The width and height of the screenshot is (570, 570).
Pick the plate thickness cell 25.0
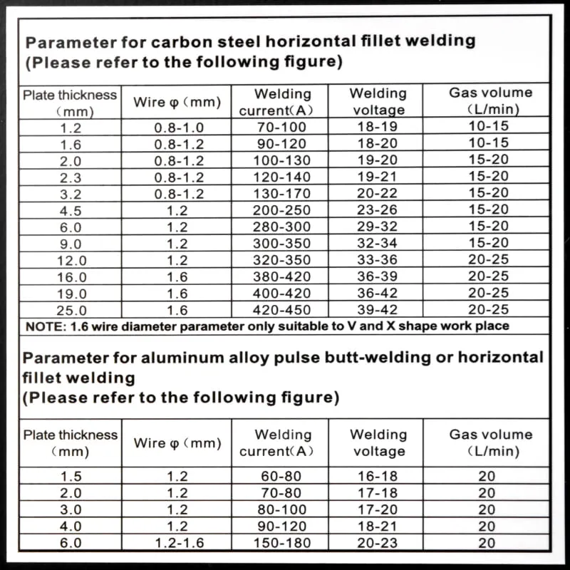pyautogui.click(x=71, y=310)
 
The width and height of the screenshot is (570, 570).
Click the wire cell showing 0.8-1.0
pyautogui.click(x=179, y=127)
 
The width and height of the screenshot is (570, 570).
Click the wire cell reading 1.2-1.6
pyautogui.click(x=179, y=542)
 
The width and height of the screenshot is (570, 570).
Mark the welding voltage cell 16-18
pyautogui.click(x=378, y=476)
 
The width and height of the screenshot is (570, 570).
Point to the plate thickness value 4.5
pyautogui.click(x=71, y=210)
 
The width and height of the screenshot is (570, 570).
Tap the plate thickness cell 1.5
pyautogui.click(x=71, y=476)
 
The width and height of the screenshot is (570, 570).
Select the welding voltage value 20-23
pyautogui.click(x=378, y=542)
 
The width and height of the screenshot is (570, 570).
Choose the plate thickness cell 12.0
pyautogui.click(x=71, y=260)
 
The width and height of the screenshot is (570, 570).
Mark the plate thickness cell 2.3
pyautogui.click(x=71, y=177)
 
